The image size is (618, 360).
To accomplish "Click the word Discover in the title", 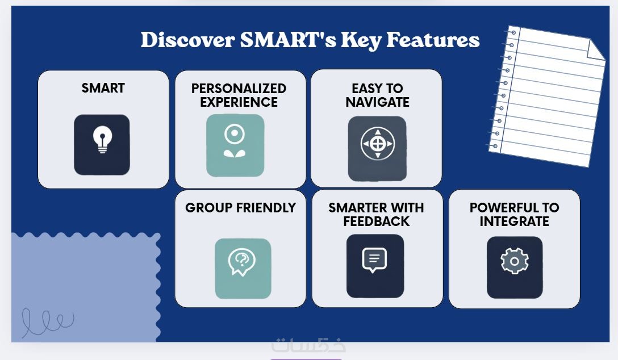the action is pyautogui.click(x=188, y=40).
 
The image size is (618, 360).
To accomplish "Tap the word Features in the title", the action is pyautogui.click(x=433, y=40).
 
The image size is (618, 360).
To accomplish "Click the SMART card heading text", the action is pyautogui.click(x=103, y=88).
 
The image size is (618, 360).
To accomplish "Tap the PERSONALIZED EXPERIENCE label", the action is pyautogui.click(x=239, y=95).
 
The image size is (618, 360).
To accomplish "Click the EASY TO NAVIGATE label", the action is pyautogui.click(x=377, y=95).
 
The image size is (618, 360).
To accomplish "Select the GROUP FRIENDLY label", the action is pyautogui.click(x=240, y=208).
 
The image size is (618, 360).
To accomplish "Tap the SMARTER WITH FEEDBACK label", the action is pyautogui.click(x=377, y=214).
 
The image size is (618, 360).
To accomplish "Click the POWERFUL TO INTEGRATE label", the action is pyautogui.click(x=515, y=214).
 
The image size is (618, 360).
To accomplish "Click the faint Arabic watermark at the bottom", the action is pyautogui.click(x=308, y=345).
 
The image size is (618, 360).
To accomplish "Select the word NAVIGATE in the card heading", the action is pyautogui.click(x=377, y=102).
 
